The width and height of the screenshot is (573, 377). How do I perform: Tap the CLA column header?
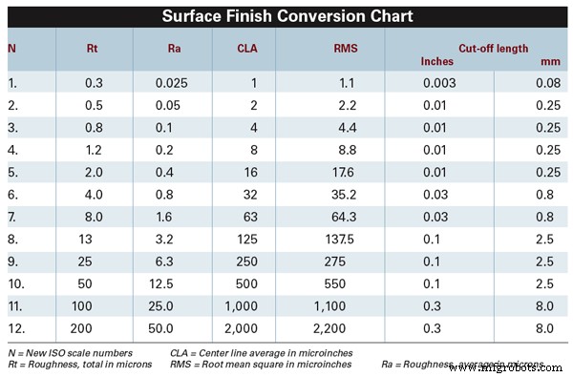pyautogui.click(x=246, y=47)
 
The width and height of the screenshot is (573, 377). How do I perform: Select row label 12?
pyautogui.click(x=15, y=327)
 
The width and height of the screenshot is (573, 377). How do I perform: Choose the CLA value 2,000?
pyautogui.click(x=242, y=327)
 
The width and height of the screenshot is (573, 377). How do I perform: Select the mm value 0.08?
pyautogui.click(x=548, y=83)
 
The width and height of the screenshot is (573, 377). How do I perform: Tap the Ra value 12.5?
pyautogui.click(x=173, y=283)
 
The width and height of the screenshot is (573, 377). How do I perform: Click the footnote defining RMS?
pyautogui.click(x=259, y=364)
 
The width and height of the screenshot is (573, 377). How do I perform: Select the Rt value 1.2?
pyautogui.click(x=91, y=150)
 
